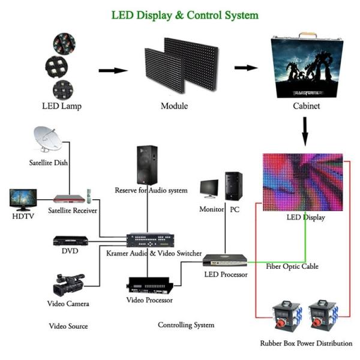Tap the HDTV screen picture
(x=23, y=199)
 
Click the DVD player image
(x=70, y=240)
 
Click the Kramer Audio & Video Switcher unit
(x=151, y=239)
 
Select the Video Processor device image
(x=150, y=284)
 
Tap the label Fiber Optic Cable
(x=292, y=266)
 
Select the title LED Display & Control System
(x=185, y=14)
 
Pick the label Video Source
(x=68, y=326)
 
